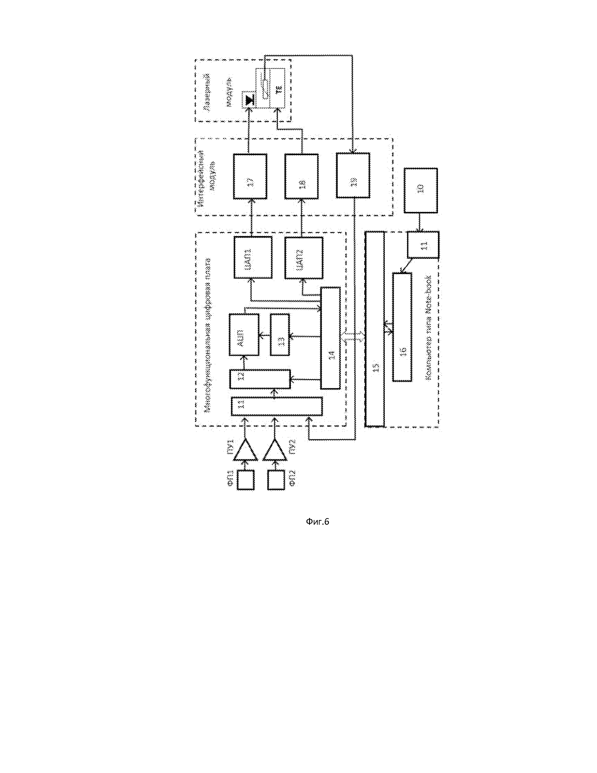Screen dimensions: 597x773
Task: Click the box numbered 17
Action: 250,176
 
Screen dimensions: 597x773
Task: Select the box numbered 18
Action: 301,176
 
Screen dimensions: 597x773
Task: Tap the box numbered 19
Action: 353,175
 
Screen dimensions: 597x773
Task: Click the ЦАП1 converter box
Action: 253,257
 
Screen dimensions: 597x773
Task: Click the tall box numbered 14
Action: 330,338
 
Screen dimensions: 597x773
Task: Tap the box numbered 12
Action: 260,379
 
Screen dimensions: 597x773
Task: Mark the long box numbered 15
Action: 375,329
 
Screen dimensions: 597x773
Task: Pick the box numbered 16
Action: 402,327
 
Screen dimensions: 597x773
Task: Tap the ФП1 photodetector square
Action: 245,480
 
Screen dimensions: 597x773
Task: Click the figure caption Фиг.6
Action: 317,522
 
